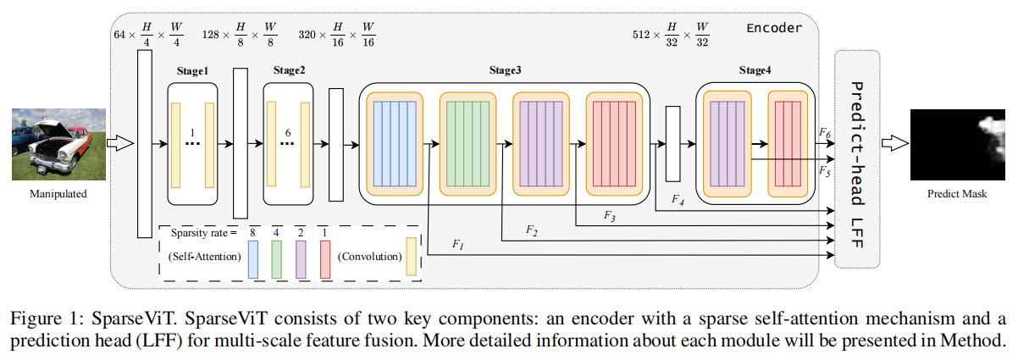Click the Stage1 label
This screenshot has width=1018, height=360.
click(x=192, y=71)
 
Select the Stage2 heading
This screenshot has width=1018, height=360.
click(x=287, y=71)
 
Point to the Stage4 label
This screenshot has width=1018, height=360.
click(x=755, y=71)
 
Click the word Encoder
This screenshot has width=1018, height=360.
click(x=773, y=28)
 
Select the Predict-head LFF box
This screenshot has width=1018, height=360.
click(x=856, y=158)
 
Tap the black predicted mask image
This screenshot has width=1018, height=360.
click(x=949, y=146)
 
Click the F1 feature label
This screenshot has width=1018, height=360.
click(x=458, y=245)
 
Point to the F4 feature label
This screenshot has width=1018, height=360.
click(x=677, y=200)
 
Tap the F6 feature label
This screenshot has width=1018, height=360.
click(x=823, y=133)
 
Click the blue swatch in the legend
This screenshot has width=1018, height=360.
click(x=252, y=256)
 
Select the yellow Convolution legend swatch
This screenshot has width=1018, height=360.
click(x=412, y=256)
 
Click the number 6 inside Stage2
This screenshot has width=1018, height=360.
click(x=288, y=133)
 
